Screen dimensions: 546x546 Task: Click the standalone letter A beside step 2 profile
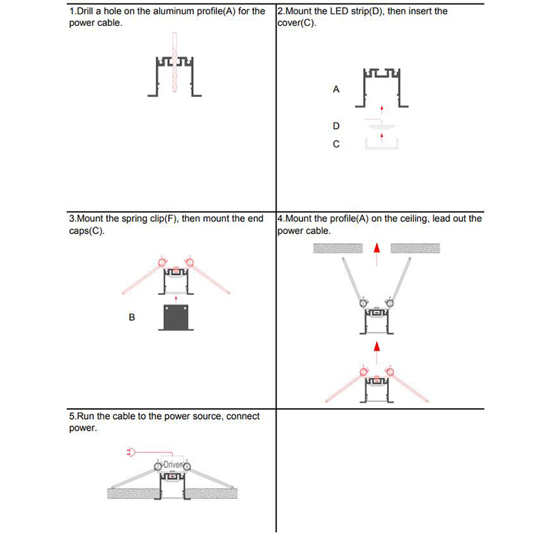point(336,89)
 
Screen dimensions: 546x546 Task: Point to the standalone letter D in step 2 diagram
point(336,126)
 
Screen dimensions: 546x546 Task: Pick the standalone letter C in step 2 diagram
point(336,144)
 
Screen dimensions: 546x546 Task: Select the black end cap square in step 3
point(175,317)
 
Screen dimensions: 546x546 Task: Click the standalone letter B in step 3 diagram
point(132,317)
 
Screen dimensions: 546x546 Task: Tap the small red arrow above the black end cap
point(176,298)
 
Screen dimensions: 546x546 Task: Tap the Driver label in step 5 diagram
point(173,465)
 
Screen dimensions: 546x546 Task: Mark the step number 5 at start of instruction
point(72,416)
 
